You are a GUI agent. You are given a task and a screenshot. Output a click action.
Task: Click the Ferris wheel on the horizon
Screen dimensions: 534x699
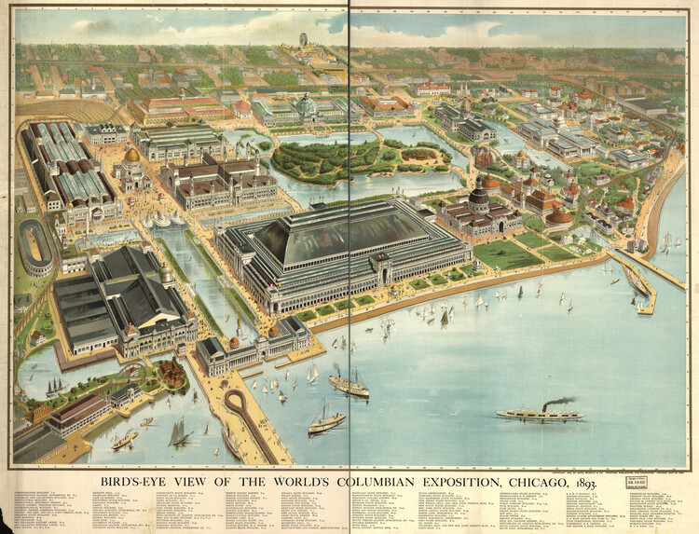(x=303, y=42)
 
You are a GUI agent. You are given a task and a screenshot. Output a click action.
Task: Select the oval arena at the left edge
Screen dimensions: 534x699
(x=36, y=246)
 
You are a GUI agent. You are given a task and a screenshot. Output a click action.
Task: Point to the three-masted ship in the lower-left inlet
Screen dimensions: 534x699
(x=57, y=386)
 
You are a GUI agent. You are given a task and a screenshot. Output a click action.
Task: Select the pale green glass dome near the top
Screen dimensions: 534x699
(x=306, y=105)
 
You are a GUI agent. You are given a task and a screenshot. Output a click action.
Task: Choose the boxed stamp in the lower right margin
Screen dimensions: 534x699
(x=638, y=483)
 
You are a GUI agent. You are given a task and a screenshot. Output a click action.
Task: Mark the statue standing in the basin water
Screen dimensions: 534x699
(x=239, y=326)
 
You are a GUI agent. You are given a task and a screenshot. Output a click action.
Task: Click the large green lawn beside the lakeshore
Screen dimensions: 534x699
(x=508, y=254)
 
